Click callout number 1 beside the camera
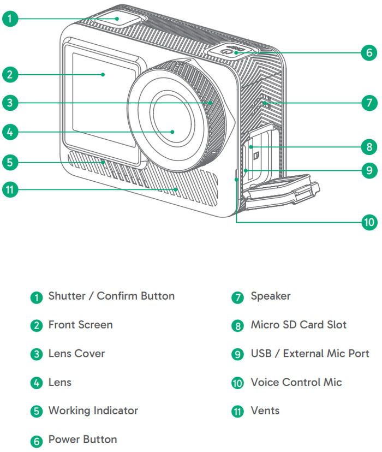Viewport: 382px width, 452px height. click(x=9, y=19)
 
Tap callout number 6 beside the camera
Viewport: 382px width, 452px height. click(x=369, y=53)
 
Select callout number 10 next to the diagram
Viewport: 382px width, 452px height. click(x=369, y=222)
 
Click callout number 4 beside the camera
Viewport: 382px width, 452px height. click(x=9, y=132)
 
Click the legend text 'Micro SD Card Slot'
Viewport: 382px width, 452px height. click(x=298, y=325)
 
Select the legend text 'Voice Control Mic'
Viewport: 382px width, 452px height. click(x=296, y=382)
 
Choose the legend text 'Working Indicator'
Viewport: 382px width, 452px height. click(x=93, y=411)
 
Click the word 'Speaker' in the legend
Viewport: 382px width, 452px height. click(x=270, y=296)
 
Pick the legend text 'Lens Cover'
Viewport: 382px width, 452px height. click(x=76, y=354)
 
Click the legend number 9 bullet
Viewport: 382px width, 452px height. click(x=237, y=354)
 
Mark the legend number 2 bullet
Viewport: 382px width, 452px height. click(x=36, y=326)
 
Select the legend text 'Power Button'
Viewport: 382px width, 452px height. click(x=82, y=439)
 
